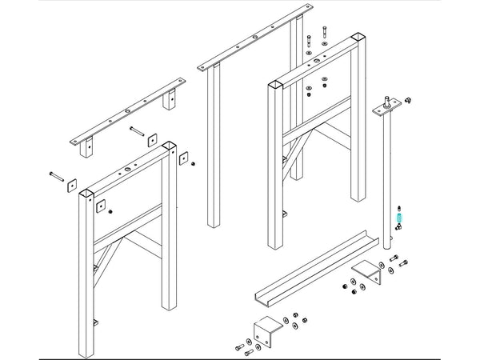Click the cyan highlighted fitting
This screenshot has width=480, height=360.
point(399,215)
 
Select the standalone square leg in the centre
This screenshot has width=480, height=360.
point(214,148)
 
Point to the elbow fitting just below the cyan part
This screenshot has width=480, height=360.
point(398,228)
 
